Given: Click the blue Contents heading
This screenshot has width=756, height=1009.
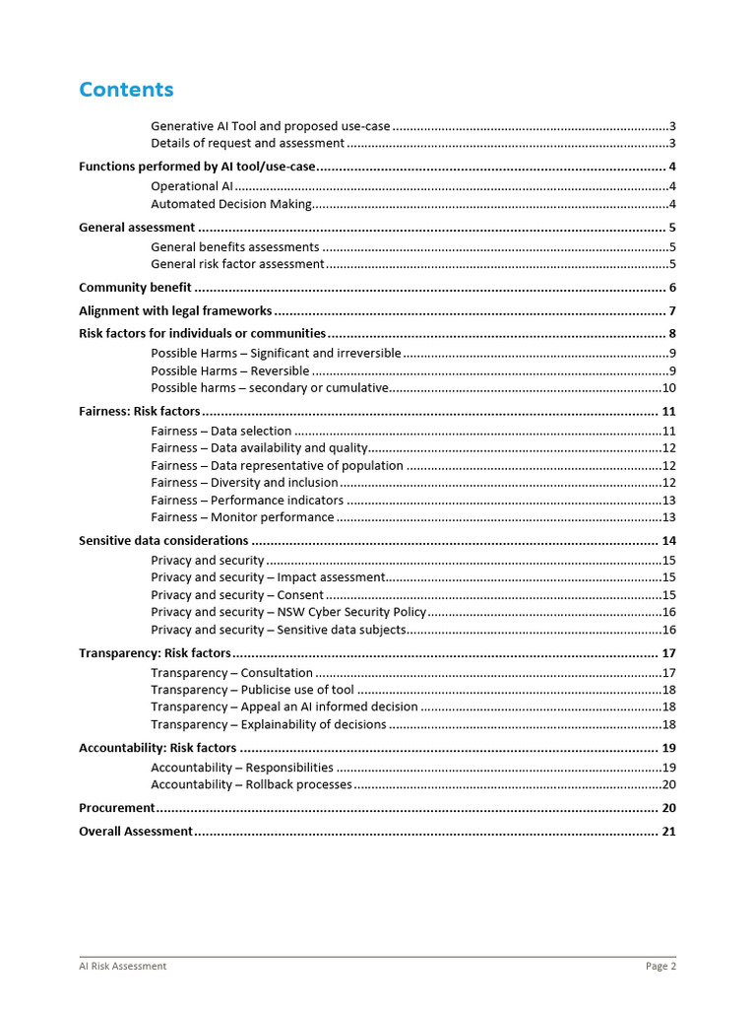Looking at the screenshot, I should coord(126,90).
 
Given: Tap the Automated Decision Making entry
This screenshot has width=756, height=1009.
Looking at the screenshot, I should coord(231,205).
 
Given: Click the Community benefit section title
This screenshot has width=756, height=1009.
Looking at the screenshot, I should coord(135,288).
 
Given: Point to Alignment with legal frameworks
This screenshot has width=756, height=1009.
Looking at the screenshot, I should coord(175,311).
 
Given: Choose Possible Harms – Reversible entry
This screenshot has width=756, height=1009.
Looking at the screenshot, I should coord(230,371).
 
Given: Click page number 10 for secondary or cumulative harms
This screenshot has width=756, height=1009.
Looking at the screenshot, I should coord(668,388).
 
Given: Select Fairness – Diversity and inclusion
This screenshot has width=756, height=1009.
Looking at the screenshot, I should coord(244,483).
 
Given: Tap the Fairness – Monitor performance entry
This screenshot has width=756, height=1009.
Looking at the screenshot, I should coord(242,517).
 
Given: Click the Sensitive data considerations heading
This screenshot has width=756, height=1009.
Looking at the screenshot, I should coord(163,541).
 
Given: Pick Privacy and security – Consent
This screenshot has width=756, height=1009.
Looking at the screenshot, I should coord(237,595).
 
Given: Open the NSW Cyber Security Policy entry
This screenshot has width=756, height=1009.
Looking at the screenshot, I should coord(288,612).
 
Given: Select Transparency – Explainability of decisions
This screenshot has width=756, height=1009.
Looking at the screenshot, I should coord(269,724).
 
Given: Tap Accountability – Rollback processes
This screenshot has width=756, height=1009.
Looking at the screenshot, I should coord(251,784).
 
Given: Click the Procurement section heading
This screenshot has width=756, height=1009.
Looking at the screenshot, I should coord(117,808).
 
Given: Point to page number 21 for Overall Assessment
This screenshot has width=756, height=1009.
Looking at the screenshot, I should coord(668,832).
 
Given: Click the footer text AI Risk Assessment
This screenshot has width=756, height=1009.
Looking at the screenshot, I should coord(123,967).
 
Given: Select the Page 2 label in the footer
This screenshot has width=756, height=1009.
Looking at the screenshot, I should coord(661,967).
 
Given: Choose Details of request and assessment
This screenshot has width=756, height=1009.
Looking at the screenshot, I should coord(247,144).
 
